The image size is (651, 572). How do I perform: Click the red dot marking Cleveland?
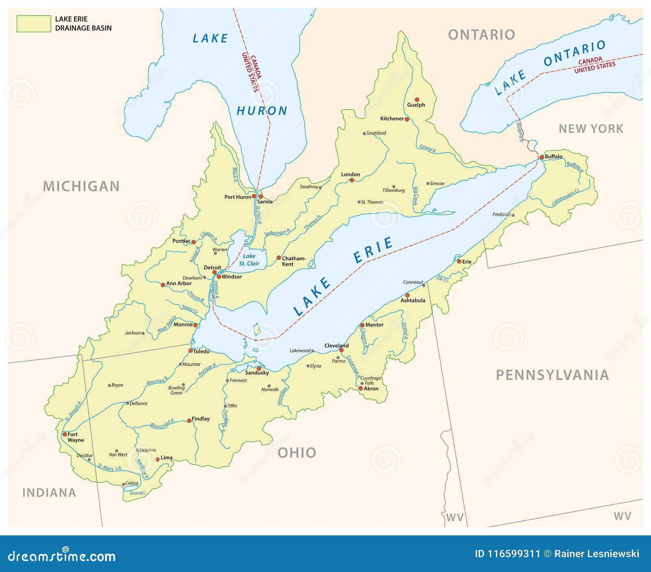pos(341,350)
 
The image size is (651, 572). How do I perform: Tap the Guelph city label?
pos(416,105)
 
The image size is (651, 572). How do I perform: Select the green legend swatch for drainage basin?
pos(33,24)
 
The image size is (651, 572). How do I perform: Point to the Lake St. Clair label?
pos(249,260)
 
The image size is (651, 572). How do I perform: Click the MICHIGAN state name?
pos(81,186)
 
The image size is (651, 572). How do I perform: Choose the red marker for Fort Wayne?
pos(65,434)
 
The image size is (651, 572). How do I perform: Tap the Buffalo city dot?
pos(542,157)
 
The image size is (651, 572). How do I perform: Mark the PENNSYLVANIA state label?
pos(552,375)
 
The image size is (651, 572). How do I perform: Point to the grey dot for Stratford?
pos(364,133)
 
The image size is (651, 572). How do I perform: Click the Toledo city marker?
pos(190,351)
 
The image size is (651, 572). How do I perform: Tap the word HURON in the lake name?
pos(262,111)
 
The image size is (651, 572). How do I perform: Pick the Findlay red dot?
pos(189,421)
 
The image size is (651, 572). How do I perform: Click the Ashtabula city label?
pos(413,301)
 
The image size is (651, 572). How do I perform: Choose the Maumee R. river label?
pos(157,381)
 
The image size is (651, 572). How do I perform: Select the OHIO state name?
pos(297,452)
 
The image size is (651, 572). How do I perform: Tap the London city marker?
pos(352,180)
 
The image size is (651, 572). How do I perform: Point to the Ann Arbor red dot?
pos(163,285)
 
